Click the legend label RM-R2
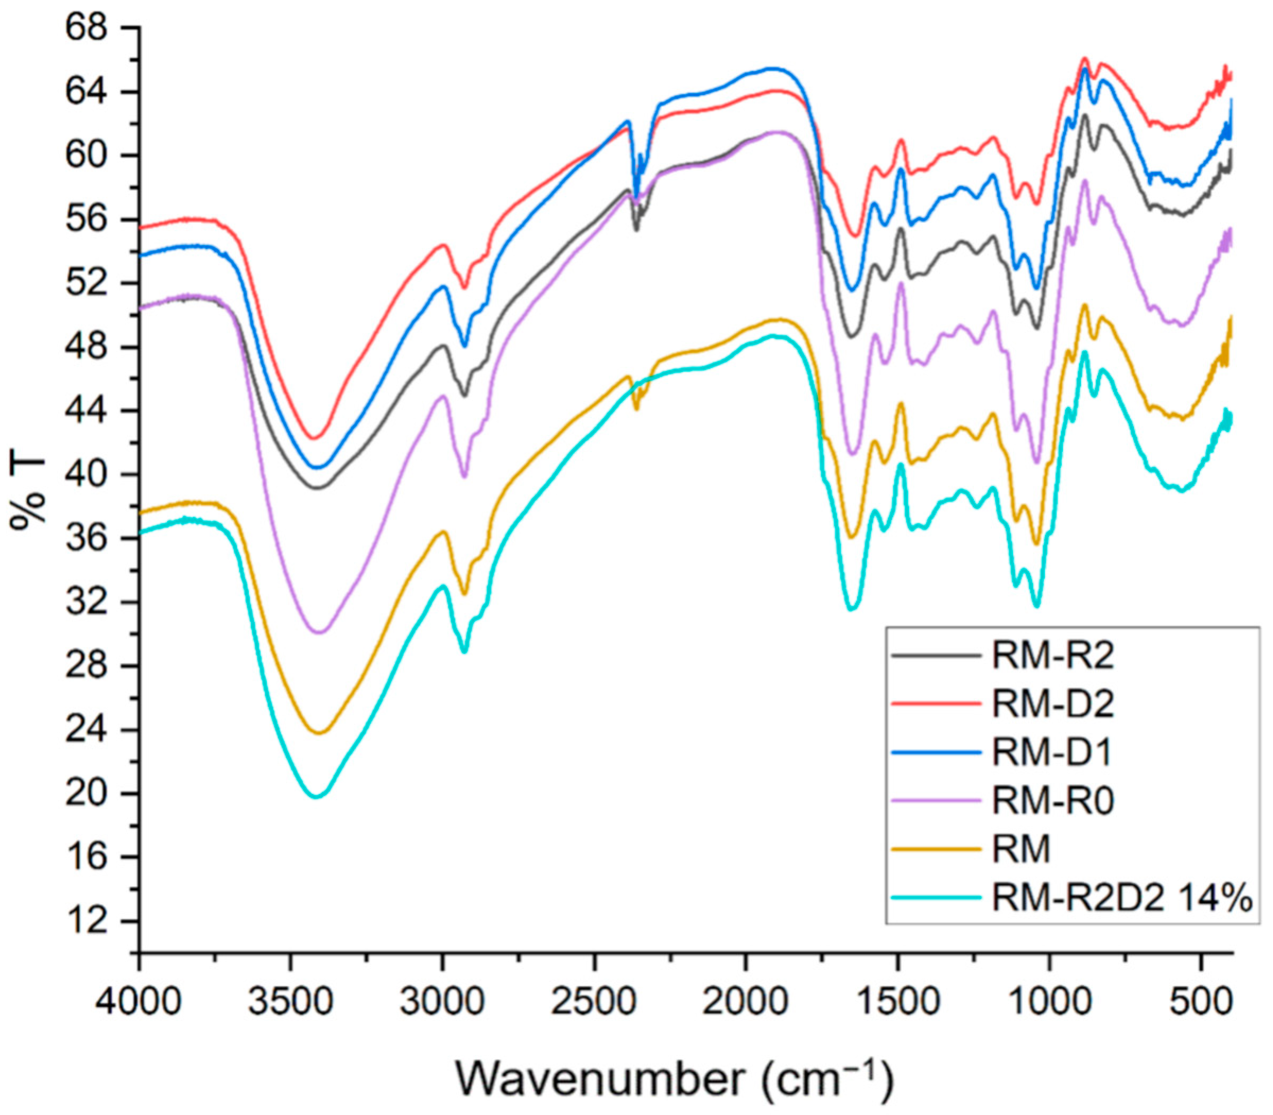[x=1052, y=656]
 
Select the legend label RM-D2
[x=1052, y=704]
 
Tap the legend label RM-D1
[x=1051, y=753]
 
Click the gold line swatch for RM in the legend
[x=936, y=850]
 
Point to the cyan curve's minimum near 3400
[x=317, y=797]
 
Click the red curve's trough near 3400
[x=314, y=439]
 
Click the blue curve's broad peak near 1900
[x=771, y=68]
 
